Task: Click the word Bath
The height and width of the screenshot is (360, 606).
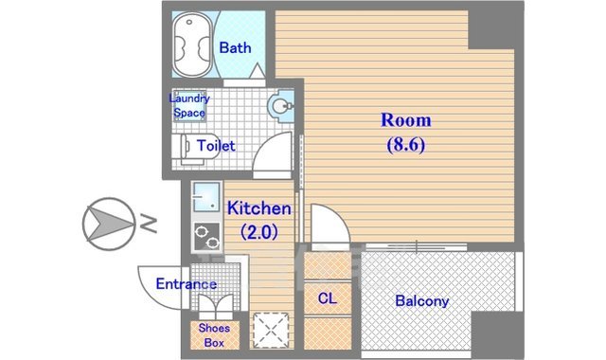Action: (235, 47)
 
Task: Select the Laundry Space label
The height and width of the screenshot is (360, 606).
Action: (189, 105)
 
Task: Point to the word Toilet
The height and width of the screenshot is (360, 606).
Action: (216, 147)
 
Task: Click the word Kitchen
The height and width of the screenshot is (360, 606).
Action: (258, 208)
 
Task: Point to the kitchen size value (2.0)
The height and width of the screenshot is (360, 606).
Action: (258, 230)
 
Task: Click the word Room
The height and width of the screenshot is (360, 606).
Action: (405, 120)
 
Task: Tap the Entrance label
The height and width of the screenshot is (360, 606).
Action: (186, 284)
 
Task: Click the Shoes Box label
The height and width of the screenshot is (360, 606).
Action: (212, 335)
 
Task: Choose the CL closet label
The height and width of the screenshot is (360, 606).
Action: (327, 299)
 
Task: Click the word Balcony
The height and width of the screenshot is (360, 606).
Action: (421, 301)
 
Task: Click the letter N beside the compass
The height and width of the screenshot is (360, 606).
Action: (149, 224)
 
